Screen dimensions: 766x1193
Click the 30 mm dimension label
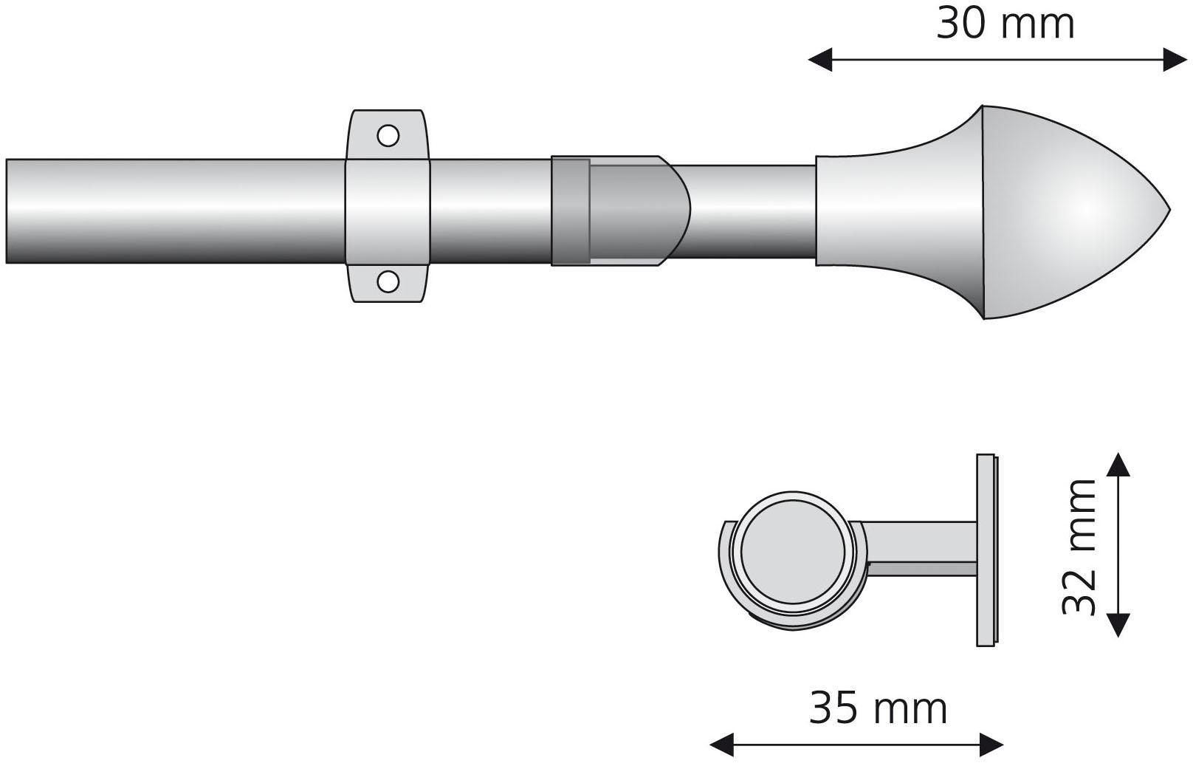1005,24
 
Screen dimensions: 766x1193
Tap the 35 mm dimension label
878,708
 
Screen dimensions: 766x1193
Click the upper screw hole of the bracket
388,135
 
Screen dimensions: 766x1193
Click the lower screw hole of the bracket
388,281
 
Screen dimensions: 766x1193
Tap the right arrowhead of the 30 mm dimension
1175,59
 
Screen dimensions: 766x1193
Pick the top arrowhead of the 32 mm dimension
1118,465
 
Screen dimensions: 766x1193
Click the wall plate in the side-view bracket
987,550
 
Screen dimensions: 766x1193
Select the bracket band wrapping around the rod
388,211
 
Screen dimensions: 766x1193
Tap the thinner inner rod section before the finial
749,211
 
